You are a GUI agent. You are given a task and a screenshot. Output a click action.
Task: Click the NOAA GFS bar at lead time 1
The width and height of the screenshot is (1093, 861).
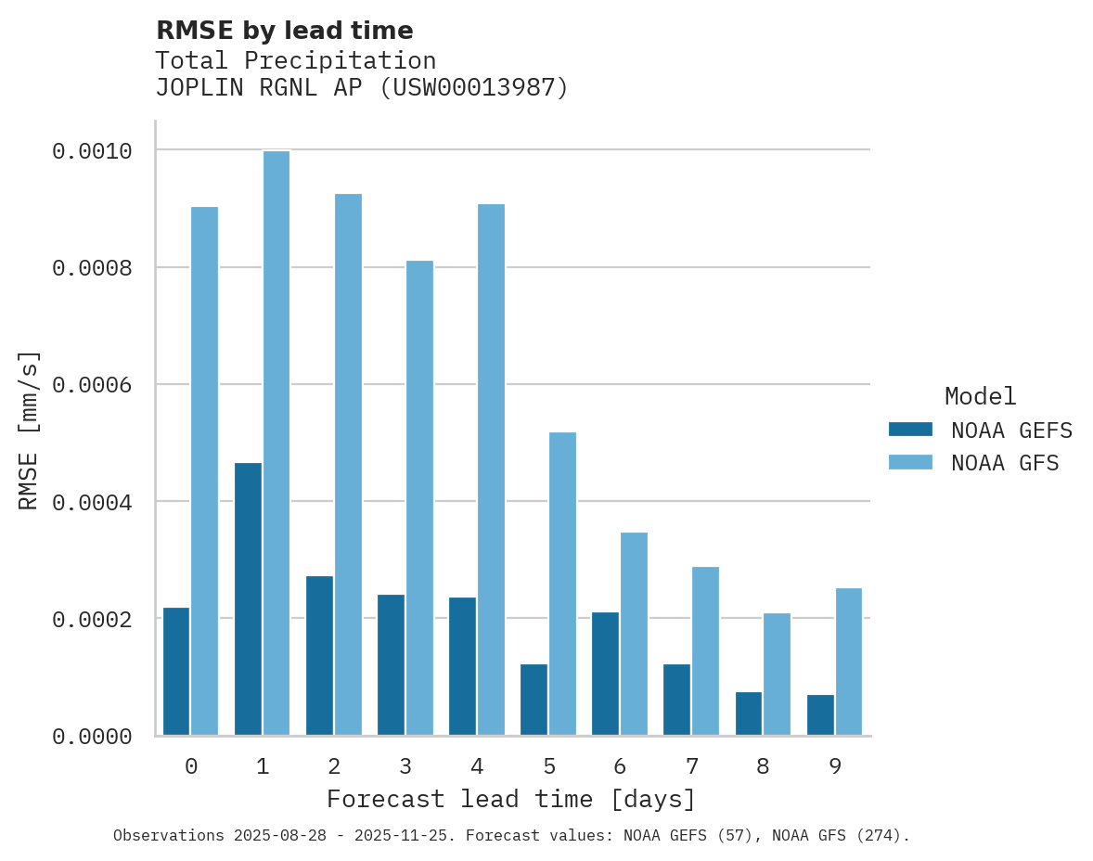pos(276,443)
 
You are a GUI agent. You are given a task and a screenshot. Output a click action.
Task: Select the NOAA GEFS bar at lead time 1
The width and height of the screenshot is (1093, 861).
pos(248,599)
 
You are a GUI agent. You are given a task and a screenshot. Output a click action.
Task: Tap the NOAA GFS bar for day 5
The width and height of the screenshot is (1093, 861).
pos(562,584)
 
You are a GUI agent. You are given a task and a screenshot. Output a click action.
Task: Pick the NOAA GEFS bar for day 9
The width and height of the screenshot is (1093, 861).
pos(820,715)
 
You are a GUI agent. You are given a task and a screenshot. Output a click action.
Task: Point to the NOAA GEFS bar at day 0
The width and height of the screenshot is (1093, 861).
pos(176,672)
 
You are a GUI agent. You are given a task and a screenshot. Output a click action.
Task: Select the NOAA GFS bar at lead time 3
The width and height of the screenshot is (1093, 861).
pos(419,498)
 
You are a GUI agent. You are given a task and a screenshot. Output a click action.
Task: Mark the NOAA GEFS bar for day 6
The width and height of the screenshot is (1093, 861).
pos(606,674)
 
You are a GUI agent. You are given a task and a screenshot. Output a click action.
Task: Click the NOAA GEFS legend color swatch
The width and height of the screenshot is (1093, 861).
pos(909,430)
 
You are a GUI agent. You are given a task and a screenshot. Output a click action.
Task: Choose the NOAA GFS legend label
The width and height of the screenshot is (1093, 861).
pos(1004,462)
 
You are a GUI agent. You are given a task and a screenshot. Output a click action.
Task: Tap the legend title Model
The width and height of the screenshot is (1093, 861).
pos(980,396)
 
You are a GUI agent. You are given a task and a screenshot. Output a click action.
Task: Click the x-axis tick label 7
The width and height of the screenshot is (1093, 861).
pos(691,766)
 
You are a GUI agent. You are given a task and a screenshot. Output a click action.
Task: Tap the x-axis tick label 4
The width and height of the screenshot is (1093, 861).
pos(477,766)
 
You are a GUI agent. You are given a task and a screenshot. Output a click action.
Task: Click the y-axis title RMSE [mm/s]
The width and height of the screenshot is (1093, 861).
pos(29,430)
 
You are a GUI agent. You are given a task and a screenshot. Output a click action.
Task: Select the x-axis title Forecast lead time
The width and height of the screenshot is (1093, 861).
pos(510,799)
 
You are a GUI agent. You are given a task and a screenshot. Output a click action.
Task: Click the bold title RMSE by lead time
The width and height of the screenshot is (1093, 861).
pos(284,31)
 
